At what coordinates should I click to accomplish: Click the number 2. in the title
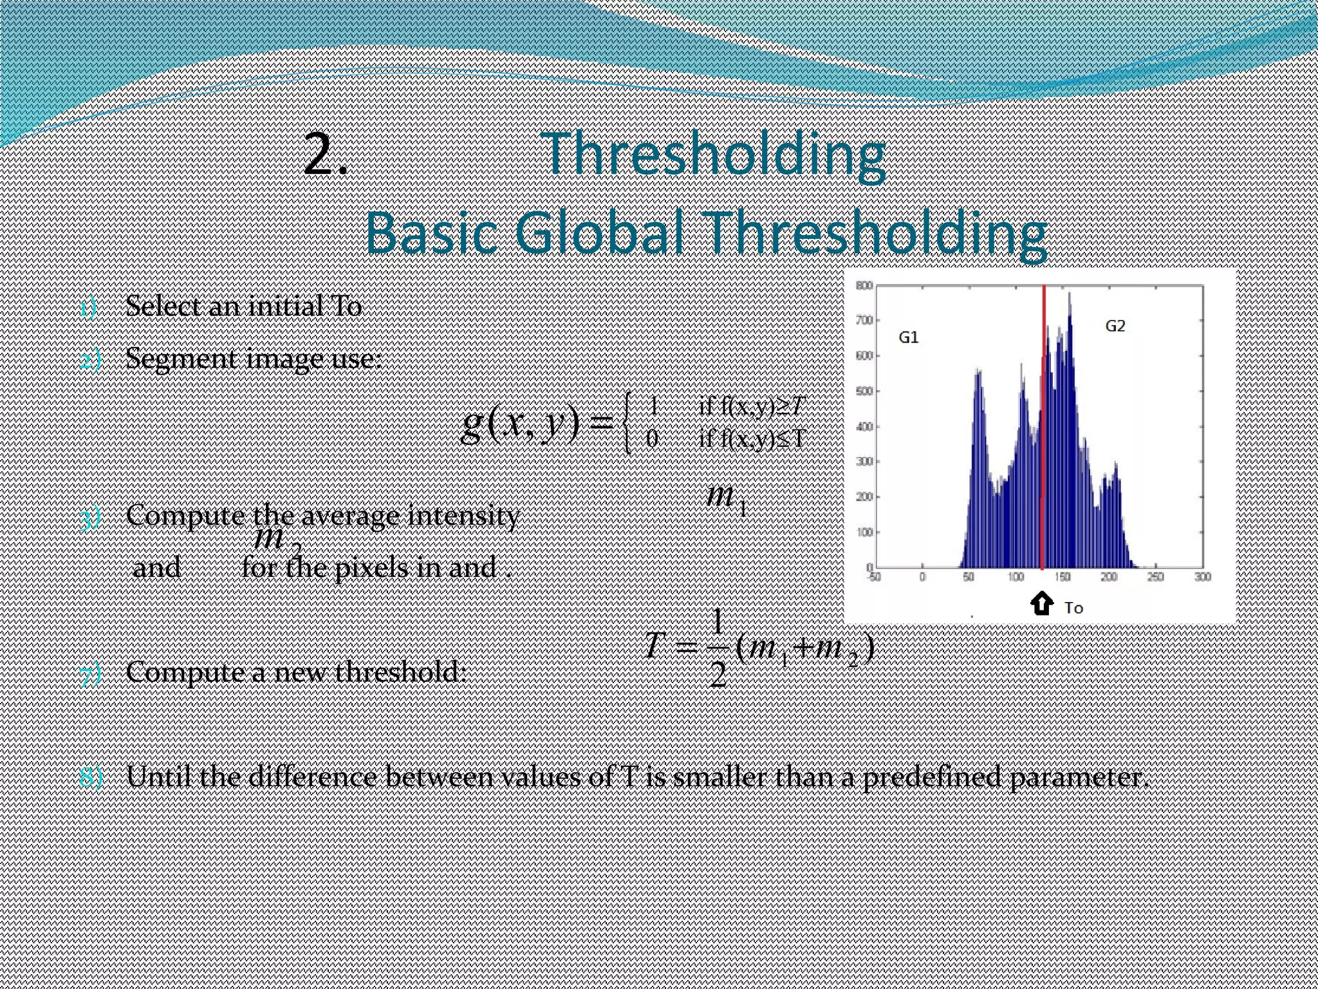point(325,155)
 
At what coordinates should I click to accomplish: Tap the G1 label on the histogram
point(908,337)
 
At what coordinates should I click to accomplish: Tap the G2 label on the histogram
point(1115,326)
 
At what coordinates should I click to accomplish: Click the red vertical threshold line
point(1043,451)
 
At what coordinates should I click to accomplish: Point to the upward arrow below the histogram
point(1041,604)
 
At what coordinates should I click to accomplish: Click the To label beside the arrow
point(1073,608)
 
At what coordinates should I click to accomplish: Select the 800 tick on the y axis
point(864,285)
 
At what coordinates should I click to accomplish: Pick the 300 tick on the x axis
point(1202,577)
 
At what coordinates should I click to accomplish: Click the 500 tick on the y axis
point(864,391)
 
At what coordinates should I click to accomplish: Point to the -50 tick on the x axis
point(874,577)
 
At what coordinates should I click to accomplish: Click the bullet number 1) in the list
point(88,308)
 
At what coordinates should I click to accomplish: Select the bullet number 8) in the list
point(91,778)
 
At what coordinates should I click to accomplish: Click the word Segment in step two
point(181,359)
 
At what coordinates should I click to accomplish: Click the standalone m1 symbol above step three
point(726,498)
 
